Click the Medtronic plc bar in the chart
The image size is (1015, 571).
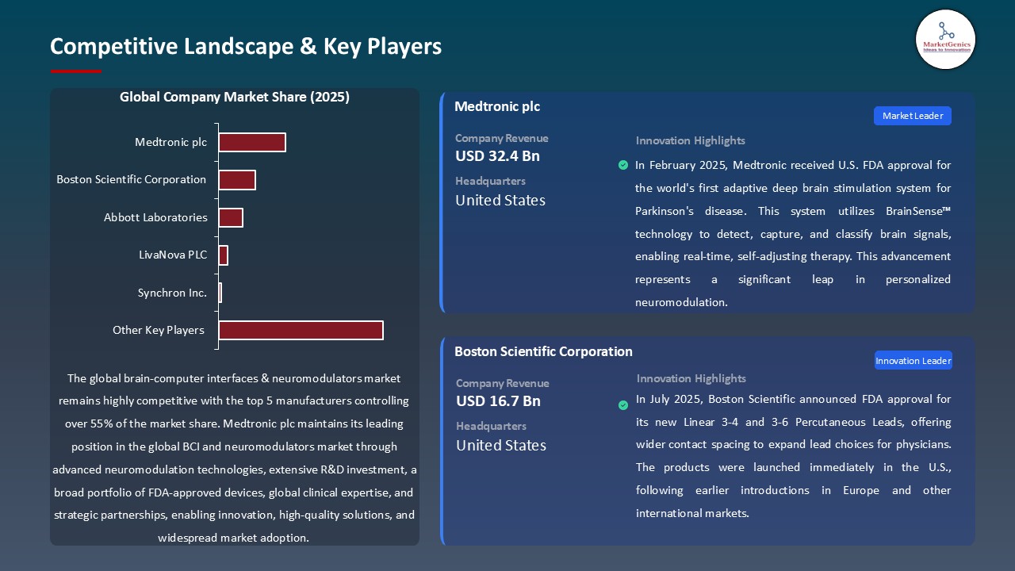(x=252, y=142)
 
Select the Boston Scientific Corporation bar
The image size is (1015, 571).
(x=237, y=180)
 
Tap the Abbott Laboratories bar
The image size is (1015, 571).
(x=231, y=217)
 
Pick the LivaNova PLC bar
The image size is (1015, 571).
(x=224, y=255)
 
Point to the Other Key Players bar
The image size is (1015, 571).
(x=301, y=330)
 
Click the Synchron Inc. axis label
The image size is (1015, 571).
(x=172, y=293)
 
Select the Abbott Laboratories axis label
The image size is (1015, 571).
(x=155, y=217)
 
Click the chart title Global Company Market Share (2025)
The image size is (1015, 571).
(x=235, y=97)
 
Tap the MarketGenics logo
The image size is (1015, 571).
(x=945, y=39)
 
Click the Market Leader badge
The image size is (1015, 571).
(x=913, y=116)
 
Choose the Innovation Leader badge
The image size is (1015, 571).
(x=913, y=361)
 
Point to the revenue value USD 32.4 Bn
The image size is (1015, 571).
(x=497, y=156)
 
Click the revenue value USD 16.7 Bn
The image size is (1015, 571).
(x=498, y=401)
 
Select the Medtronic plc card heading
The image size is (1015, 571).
(x=497, y=106)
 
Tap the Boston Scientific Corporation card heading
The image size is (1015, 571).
(x=543, y=351)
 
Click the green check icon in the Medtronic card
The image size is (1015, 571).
(x=623, y=165)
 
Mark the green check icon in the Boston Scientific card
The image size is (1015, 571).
(x=623, y=405)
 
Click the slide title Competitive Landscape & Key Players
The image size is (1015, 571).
(x=246, y=47)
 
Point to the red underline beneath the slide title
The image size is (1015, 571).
(x=76, y=71)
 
